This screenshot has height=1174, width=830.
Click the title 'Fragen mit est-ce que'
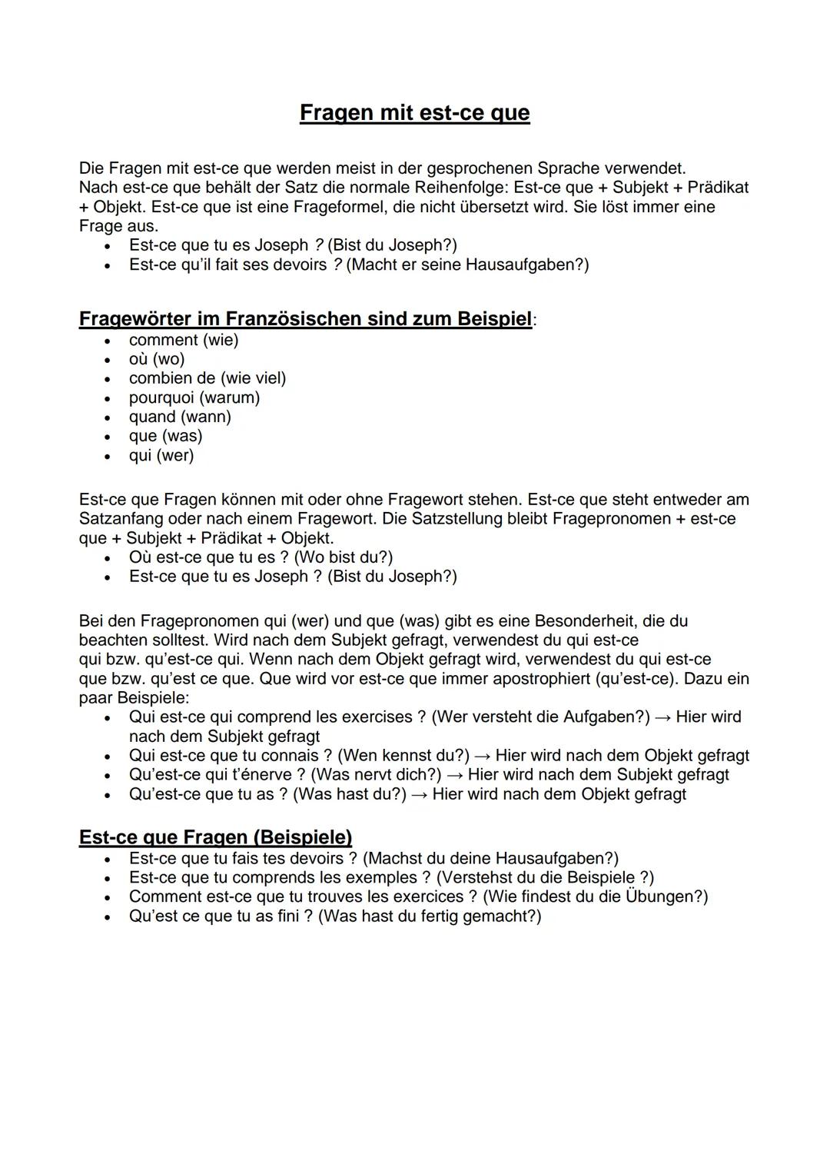tap(414, 113)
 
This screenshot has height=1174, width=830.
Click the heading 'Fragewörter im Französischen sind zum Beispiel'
tap(305, 318)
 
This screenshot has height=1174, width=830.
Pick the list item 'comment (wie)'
tap(184, 340)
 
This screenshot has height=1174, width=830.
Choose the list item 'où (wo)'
tap(157, 359)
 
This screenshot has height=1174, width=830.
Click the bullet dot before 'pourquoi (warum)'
tap(110, 398)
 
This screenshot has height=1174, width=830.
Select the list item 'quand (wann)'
tap(180, 417)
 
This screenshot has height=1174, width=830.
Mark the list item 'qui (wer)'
tap(161, 455)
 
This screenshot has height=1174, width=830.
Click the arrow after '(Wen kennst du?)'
tap(482, 756)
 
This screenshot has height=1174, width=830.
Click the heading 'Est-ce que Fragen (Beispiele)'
tap(215, 837)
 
